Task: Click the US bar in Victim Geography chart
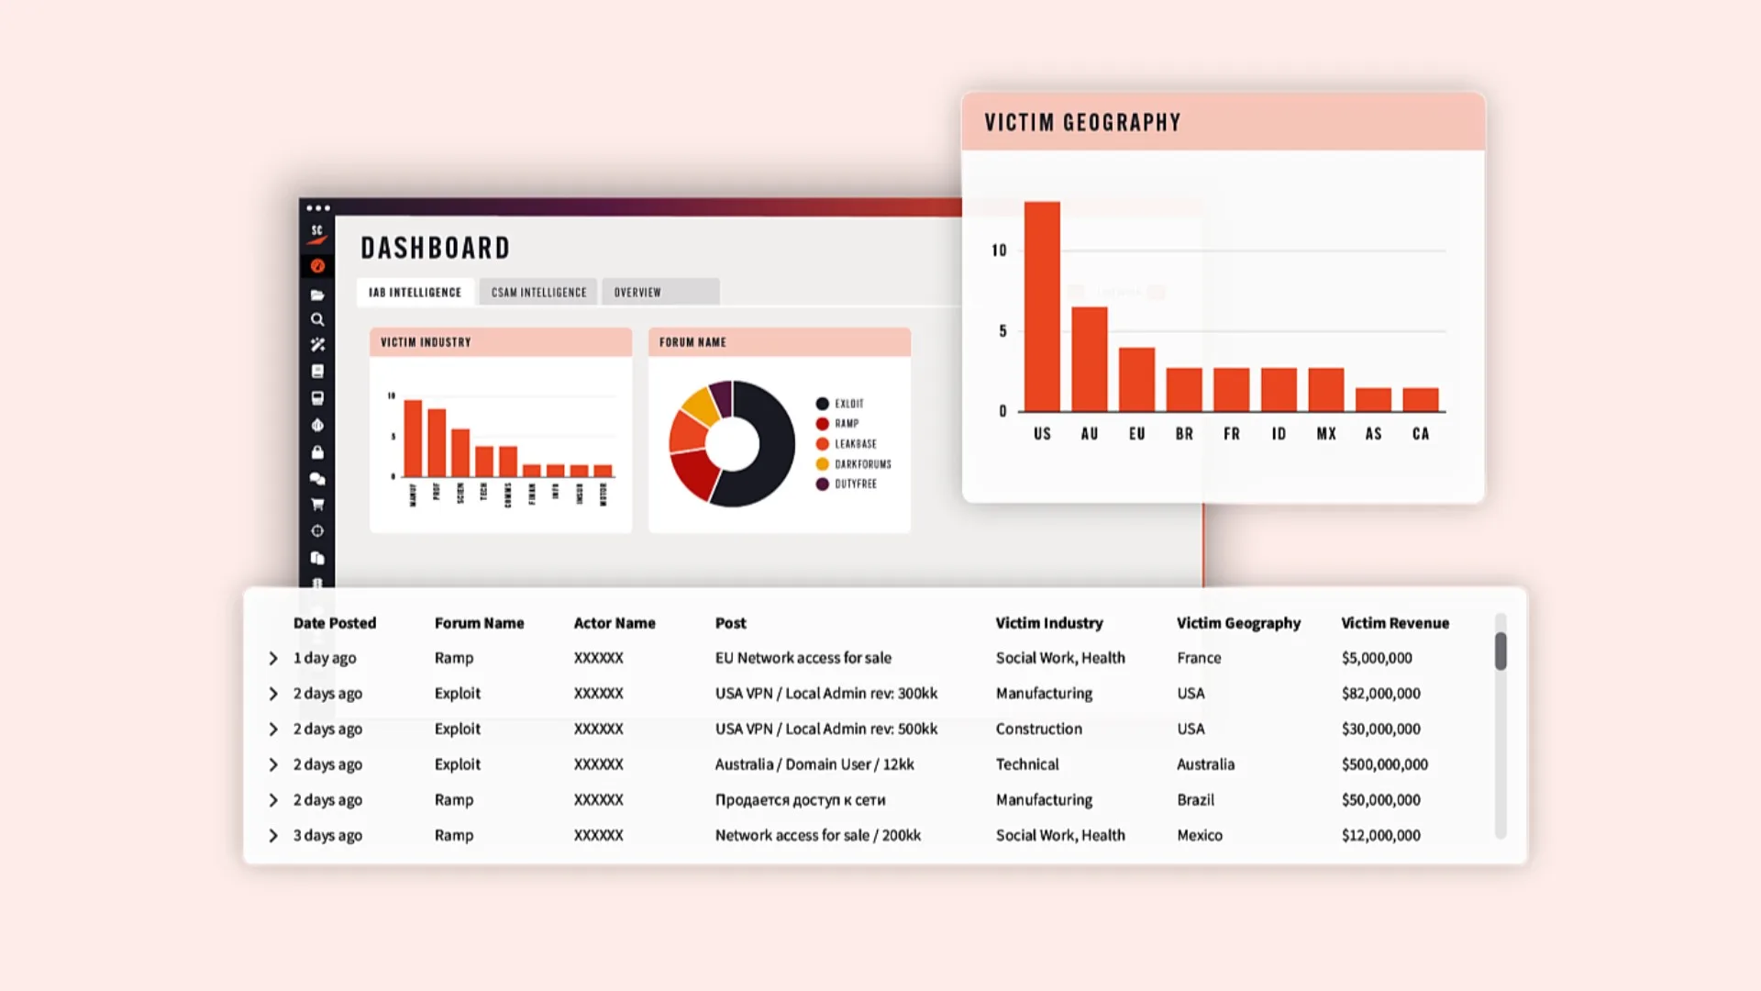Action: coord(1042,307)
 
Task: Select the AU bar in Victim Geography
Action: coord(1090,360)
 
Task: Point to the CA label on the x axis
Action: coord(1421,434)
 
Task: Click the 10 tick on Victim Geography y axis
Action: coord(999,251)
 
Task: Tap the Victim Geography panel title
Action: coord(1082,123)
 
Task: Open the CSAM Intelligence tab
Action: coord(538,293)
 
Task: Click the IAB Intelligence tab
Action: coord(415,293)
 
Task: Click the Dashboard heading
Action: coord(435,249)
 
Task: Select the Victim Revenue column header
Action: coord(1395,623)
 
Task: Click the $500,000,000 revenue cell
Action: coord(1384,764)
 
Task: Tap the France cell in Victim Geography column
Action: coord(1199,658)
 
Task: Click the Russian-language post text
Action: coord(800,800)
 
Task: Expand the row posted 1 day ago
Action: coord(273,659)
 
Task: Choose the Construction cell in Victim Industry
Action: coord(1038,729)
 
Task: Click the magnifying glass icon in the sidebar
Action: coord(317,320)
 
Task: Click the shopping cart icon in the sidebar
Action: coord(317,505)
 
